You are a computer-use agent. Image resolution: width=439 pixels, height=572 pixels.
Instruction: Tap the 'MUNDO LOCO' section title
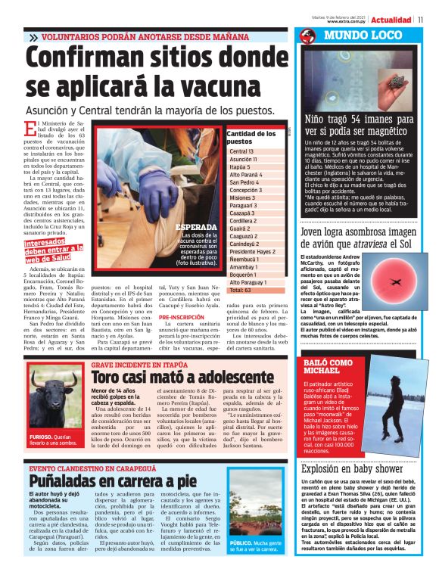pyautogui.click(x=354, y=36)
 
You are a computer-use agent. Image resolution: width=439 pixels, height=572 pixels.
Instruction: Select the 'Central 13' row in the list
pyautogui.click(x=242, y=152)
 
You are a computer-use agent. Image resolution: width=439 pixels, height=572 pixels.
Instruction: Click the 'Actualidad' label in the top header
pyautogui.click(x=392, y=20)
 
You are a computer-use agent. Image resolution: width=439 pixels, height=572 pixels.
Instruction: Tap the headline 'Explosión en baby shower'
pyautogui.click(x=351, y=468)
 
